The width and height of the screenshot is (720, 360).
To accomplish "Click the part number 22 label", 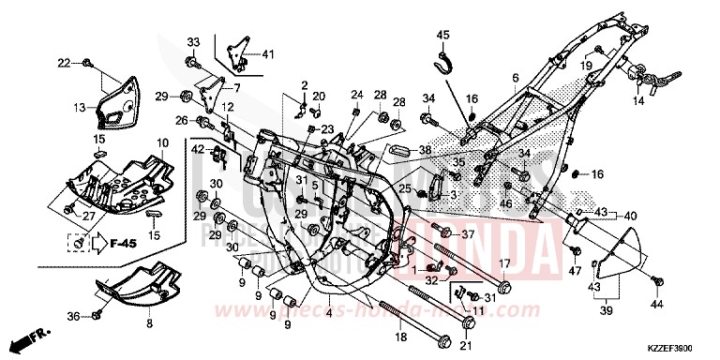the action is point(64,63).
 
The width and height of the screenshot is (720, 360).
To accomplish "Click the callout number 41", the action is point(269,52).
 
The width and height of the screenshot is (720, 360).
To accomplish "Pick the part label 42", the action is point(197,148).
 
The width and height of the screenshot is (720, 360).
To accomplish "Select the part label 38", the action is point(425,149).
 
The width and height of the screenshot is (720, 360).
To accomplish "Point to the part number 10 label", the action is point(162,142).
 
